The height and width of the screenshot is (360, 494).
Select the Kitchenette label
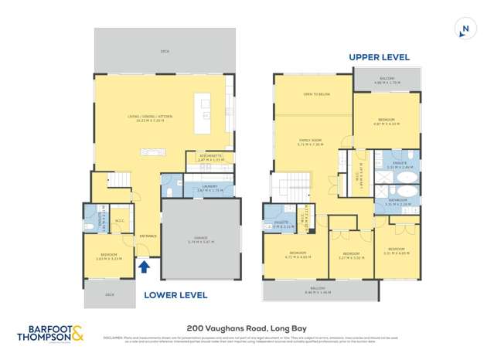[210, 156]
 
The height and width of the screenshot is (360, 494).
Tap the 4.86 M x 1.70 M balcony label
[387, 80]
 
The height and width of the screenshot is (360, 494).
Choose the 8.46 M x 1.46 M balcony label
[320, 291]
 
